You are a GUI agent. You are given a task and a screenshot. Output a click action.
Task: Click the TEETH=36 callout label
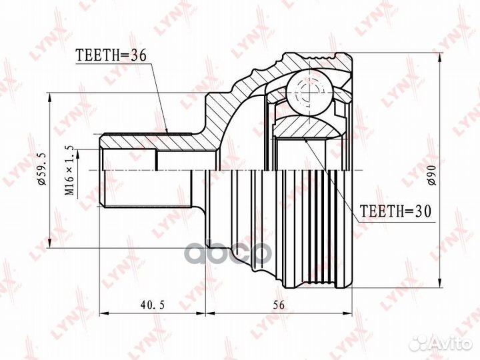coord(111,55)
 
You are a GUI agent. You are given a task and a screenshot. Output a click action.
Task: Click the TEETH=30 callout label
coord(395,211)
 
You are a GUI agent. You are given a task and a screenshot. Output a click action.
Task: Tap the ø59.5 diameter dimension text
coord(41,169)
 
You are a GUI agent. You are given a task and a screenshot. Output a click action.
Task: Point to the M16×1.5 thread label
coord(69,171)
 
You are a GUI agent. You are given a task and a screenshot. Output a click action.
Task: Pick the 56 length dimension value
coord(277,305)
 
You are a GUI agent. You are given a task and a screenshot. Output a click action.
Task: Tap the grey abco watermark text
coord(229,253)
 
